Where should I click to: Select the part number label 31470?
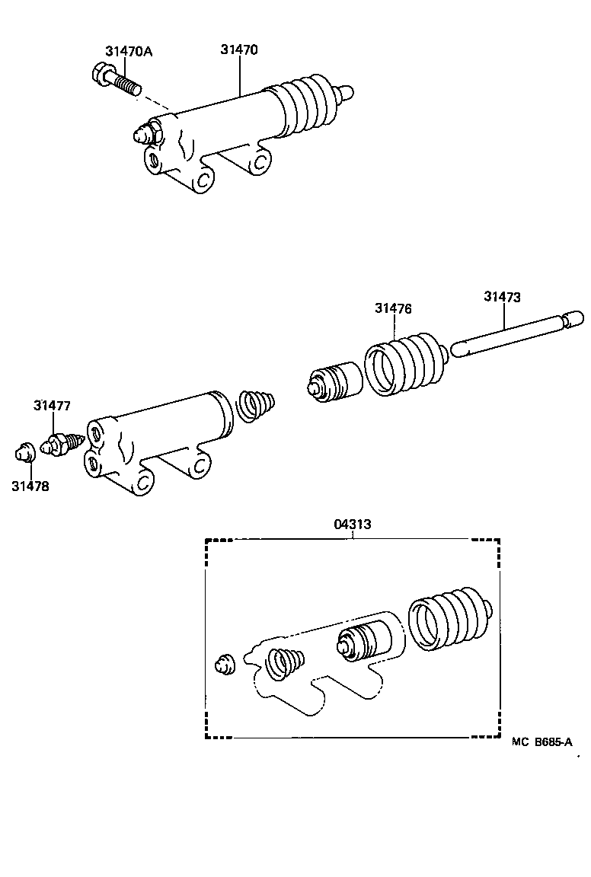tap(239, 50)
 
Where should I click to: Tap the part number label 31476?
tap(393, 308)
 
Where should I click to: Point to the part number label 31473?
tap(502, 297)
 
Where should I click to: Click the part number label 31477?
tap(52, 406)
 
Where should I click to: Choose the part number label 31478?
tap(30, 486)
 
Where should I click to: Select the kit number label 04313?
tap(353, 525)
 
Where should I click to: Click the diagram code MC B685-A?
tap(541, 741)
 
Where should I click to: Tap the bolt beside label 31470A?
tap(118, 79)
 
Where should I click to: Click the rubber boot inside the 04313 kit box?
tap(449, 618)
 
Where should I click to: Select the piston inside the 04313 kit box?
tap(363, 641)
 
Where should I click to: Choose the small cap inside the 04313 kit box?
tap(225, 663)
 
